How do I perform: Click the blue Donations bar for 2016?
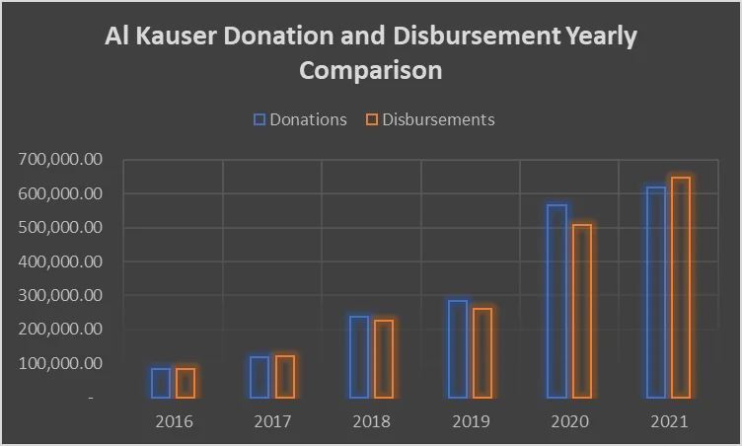point(161,383)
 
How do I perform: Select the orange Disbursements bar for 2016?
point(185,383)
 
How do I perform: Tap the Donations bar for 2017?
point(260,377)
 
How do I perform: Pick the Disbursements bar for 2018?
point(384,359)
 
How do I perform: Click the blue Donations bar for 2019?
point(458,349)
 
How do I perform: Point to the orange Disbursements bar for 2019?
point(482,353)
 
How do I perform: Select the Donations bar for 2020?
point(557,301)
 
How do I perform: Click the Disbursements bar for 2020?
point(582,311)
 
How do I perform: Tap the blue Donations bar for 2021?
point(656,292)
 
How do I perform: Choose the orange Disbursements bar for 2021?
point(681,287)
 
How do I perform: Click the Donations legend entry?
point(300,119)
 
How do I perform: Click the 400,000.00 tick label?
point(60,261)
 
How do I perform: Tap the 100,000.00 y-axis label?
point(60,363)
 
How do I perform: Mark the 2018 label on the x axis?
point(371,421)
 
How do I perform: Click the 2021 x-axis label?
point(669,421)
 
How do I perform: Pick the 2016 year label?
point(174,421)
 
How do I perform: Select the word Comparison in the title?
point(371,71)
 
